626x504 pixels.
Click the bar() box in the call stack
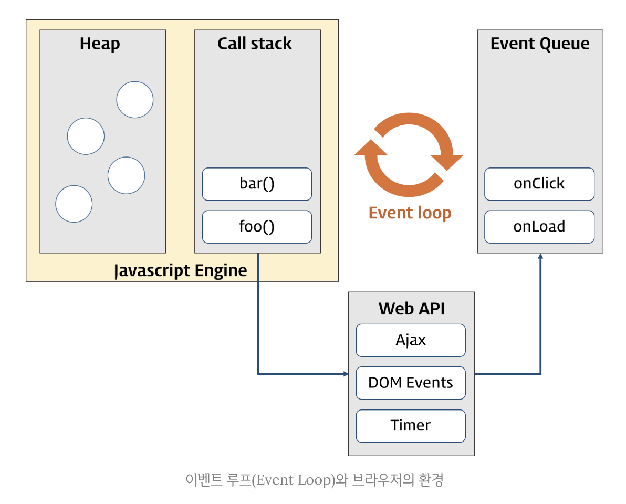pos(257,184)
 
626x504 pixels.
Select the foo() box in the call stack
pos(257,227)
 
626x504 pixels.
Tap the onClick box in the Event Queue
pos(539,184)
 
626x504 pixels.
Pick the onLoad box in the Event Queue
pos(539,227)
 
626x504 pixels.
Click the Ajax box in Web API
pos(411,340)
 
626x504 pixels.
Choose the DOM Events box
pos(411,383)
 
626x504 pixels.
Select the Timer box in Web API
pos(411,426)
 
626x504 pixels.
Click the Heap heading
pos(100,44)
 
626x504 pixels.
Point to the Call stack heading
pos(255,44)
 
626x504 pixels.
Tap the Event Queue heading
pos(540,44)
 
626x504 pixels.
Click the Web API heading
pos(412,309)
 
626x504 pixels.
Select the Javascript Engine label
pos(181,270)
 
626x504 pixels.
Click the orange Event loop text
pos(410,213)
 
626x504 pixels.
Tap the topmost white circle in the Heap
pos(135,100)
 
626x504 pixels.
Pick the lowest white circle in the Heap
pos(74,204)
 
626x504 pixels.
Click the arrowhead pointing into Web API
pos(346,374)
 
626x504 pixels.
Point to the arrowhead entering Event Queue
pos(540,256)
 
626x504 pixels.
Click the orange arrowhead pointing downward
pos(447,162)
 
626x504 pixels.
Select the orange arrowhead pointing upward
pos(371,147)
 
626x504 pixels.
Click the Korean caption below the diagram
pos(314,480)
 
